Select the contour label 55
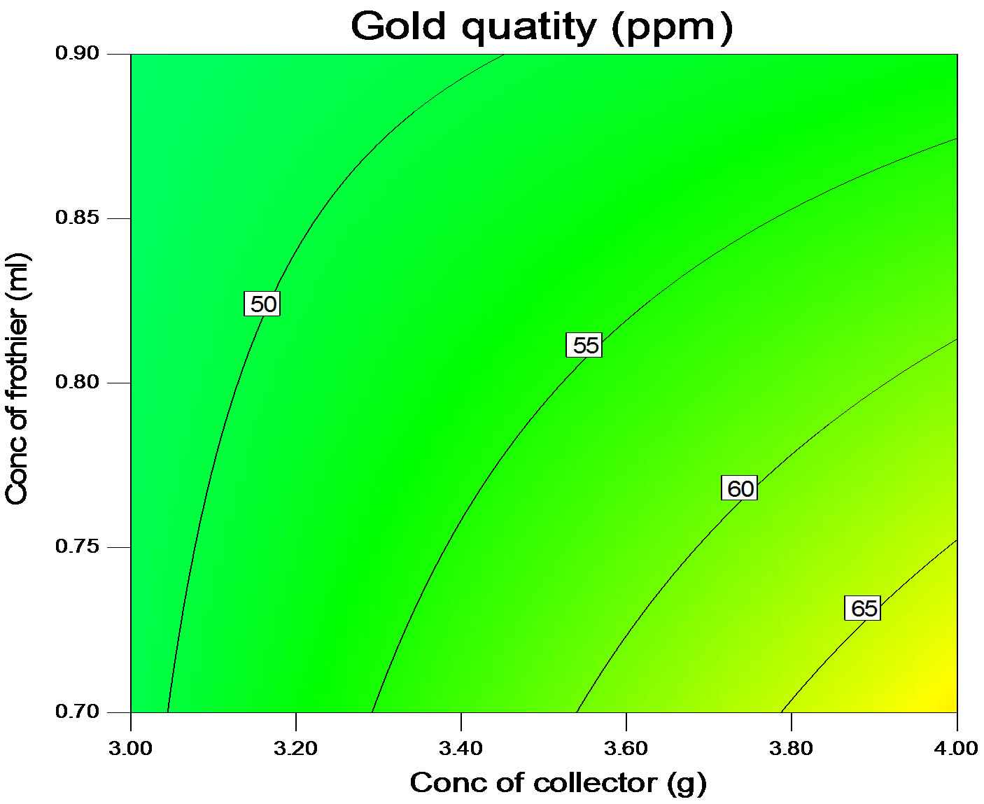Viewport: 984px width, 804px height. (x=584, y=346)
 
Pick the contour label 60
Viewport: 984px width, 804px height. (x=739, y=488)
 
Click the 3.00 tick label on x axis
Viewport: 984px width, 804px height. (x=132, y=749)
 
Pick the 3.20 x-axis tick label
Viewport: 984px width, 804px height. (x=296, y=749)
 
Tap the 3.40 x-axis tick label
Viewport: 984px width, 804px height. (x=461, y=749)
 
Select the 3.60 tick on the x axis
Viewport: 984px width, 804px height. (x=626, y=749)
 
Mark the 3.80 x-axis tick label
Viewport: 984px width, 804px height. (x=791, y=749)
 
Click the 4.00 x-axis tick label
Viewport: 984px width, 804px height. (x=956, y=749)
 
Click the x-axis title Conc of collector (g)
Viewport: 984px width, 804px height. (x=558, y=783)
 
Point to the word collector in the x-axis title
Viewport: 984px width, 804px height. (x=595, y=782)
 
